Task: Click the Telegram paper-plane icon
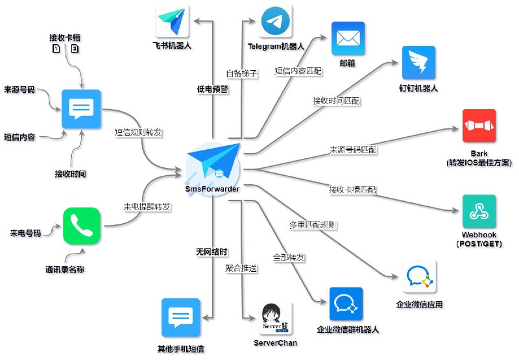pyautogui.click(x=275, y=22)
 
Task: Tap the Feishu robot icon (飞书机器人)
pyautogui.click(x=172, y=22)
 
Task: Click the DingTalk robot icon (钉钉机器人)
pyautogui.click(x=418, y=63)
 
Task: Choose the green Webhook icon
pyautogui.click(x=479, y=211)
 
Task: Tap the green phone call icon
pyautogui.click(x=82, y=226)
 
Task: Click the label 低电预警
pyautogui.click(x=212, y=90)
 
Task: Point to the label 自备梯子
pyautogui.click(x=242, y=73)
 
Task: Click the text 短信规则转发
pyautogui.click(x=138, y=132)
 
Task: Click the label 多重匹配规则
pyautogui.click(x=312, y=225)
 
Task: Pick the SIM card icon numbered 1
pyautogui.click(x=56, y=49)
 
